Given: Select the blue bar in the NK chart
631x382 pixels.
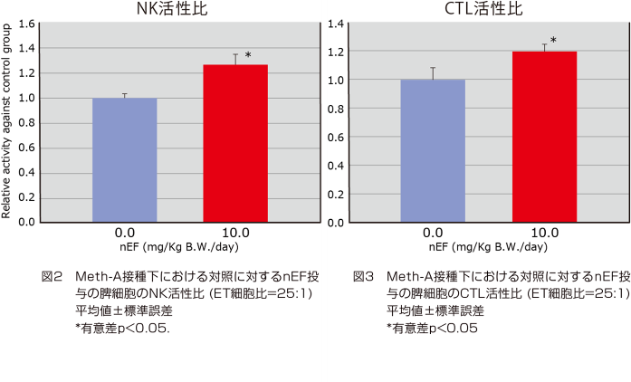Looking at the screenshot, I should click(124, 159).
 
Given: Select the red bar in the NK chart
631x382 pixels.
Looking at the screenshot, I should click(235, 143).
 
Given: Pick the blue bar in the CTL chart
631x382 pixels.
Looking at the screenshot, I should click(433, 150).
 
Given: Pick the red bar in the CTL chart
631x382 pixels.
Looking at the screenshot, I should click(544, 136).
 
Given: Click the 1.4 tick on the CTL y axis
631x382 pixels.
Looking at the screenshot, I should click(336, 24).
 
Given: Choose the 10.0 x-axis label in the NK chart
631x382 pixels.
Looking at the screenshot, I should click(234, 233).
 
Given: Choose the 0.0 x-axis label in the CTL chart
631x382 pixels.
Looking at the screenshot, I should click(433, 233).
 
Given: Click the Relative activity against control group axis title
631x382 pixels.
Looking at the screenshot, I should click(7, 122).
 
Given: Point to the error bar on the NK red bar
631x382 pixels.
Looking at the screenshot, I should click(235, 59).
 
